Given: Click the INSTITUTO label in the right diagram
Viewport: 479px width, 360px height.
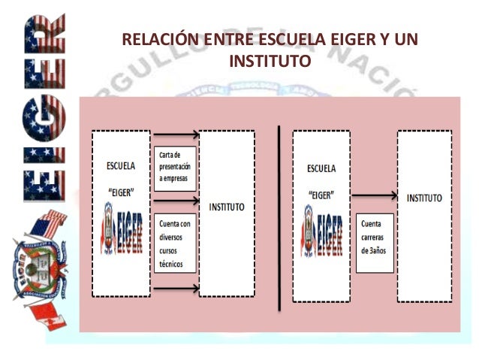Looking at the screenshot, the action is [424, 198].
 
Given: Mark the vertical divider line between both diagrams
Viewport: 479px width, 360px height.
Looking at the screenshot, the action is [279, 218].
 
